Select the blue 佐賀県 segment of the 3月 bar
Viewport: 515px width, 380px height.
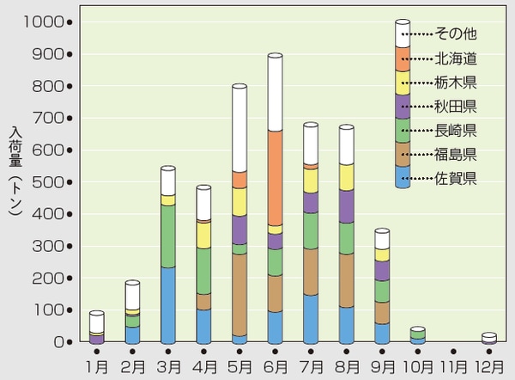(168, 305)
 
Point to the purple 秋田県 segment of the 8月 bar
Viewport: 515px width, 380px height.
(347, 206)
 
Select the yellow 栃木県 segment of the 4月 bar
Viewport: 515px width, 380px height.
(204, 235)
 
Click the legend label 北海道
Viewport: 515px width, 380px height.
(456, 58)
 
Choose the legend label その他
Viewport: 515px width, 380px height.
(456, 34)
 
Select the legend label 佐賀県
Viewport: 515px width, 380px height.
(456, 179)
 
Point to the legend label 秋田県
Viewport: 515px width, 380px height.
(456, 107)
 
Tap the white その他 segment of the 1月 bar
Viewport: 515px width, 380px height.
(97, 322)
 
